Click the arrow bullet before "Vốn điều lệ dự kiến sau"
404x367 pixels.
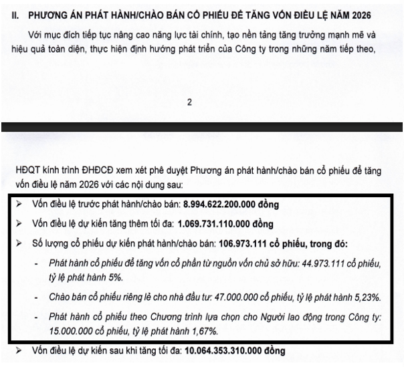[x=16, y=352]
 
